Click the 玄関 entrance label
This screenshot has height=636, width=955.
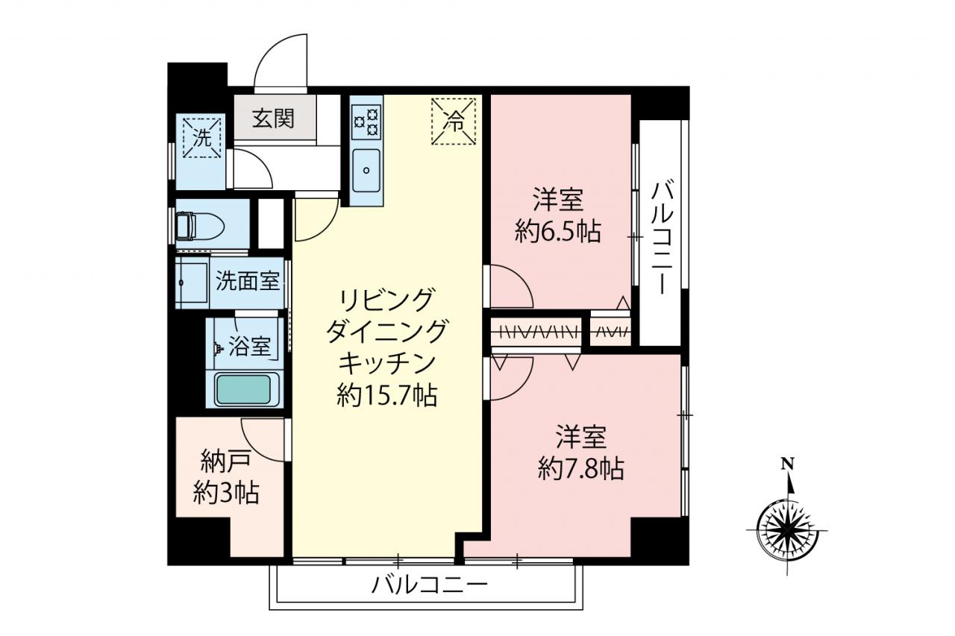273,119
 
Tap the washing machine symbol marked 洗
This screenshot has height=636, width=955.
201,138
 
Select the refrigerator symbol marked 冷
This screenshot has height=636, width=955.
453,122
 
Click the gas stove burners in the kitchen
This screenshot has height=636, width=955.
366,122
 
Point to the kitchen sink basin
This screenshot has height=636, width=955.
366,171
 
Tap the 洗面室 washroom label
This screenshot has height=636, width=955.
248,281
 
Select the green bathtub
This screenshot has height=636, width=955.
243,389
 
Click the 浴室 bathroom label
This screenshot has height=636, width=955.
249,346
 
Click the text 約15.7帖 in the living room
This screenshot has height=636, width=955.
386,395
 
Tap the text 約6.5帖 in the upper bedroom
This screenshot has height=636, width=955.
558,232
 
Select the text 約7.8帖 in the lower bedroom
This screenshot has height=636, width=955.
581,468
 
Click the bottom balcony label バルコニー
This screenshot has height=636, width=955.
429,585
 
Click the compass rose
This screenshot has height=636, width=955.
787,530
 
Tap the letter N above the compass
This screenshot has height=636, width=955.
787,462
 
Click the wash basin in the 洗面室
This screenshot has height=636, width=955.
192,282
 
